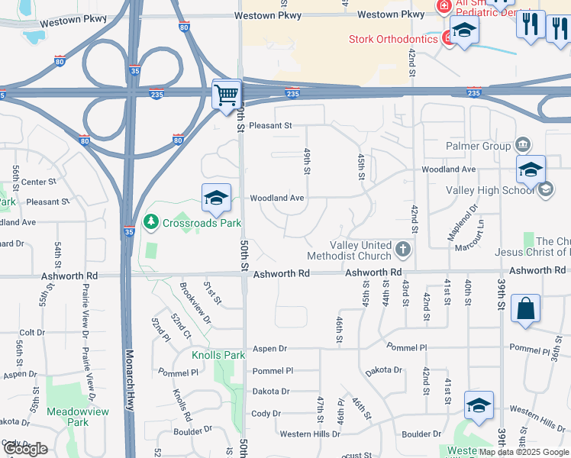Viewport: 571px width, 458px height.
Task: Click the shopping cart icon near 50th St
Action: click(227, 95)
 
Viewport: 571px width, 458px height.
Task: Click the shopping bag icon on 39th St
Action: click(524, 309)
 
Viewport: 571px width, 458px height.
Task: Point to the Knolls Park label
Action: click(218, 355)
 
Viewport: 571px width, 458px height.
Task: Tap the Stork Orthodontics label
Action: click(392, 39)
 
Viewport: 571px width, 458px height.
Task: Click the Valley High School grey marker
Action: click(546, 189)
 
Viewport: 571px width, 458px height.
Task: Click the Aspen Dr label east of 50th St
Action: click(270, 348)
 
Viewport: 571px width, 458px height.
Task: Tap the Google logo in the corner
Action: click(24, 449)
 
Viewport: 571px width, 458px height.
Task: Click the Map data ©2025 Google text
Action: click(523, 452)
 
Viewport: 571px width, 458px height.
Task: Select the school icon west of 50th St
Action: click(217, 198)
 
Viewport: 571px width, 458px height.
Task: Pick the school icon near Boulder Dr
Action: click(478, 405)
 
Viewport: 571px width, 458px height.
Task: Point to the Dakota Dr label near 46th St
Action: click(383, 370)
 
